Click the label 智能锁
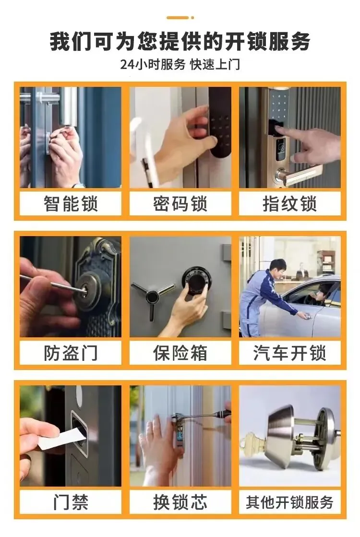click(x=71, y=204)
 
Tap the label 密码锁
click(x=180, y=204)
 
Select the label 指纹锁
click(x=290, y=204)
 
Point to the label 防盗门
click(x=71, y=353)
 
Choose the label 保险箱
click(x=180, y=353)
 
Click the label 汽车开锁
click(x=290, y=353)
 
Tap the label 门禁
click(x=71, y=502)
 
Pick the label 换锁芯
click(x=180, y=502)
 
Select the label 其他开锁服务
click(x=290, y=502)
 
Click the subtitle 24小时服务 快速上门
click(x=180, y=64)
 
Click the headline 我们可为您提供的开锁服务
click(x=180, y=41)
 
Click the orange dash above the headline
click(x=178, y=17)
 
